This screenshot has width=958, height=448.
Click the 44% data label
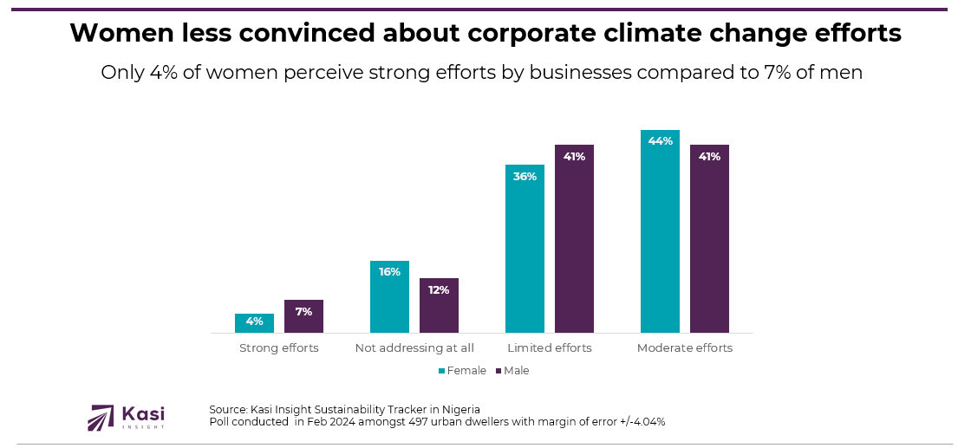click(660, 141)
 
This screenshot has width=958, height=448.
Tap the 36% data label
click(525, 176)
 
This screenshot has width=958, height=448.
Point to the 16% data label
click(389, 272)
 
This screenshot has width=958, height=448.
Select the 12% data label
click(439, 289)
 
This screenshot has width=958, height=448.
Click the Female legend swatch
click(441, 371)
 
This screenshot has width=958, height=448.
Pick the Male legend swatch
click(499, 371)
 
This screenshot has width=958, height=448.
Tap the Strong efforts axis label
click(279, 348)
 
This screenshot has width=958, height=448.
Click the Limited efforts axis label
click(550, 348)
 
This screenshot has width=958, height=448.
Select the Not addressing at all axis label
click(414, 348)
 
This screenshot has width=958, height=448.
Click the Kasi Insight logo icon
click(101, 418)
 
